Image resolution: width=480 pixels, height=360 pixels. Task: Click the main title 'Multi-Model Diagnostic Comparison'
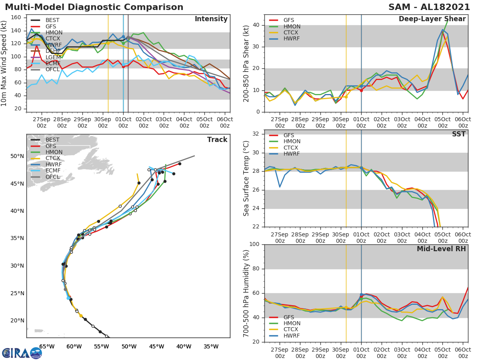tap(94, 7)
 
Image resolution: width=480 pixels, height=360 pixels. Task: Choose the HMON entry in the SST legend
tap(292, 142)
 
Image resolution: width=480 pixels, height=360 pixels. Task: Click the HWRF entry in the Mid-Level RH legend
tap(292, 336)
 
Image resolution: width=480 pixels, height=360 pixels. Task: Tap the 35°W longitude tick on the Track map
tap(211, 346)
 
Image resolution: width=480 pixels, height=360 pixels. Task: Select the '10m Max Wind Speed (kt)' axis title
tap(4, 64)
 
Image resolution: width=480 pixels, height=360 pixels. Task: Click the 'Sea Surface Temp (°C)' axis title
tap(246, 178)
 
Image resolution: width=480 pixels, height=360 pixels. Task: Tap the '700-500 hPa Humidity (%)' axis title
tap(246, 294)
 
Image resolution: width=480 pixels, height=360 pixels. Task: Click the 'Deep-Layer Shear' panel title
tap(432, 19)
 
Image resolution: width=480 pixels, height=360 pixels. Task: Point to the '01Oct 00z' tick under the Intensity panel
tap(123, 122)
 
